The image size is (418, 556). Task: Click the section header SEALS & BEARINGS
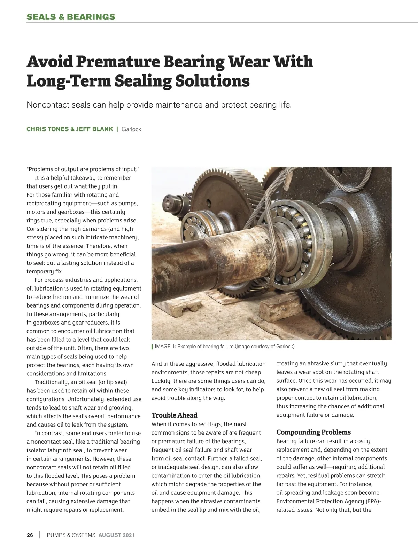[71, 17]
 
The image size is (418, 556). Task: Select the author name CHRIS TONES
[48, 129]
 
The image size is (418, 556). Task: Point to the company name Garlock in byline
[131, 129]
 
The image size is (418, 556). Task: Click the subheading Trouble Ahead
[174, 415]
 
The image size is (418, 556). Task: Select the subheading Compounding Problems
[313, 432]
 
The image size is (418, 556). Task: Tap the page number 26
[30, 535]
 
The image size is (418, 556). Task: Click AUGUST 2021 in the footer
[116, 535]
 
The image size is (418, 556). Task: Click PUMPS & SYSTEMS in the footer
[71, 535]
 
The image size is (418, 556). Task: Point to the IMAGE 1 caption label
[165, 346]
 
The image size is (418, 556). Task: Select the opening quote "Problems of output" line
[83, 169]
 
